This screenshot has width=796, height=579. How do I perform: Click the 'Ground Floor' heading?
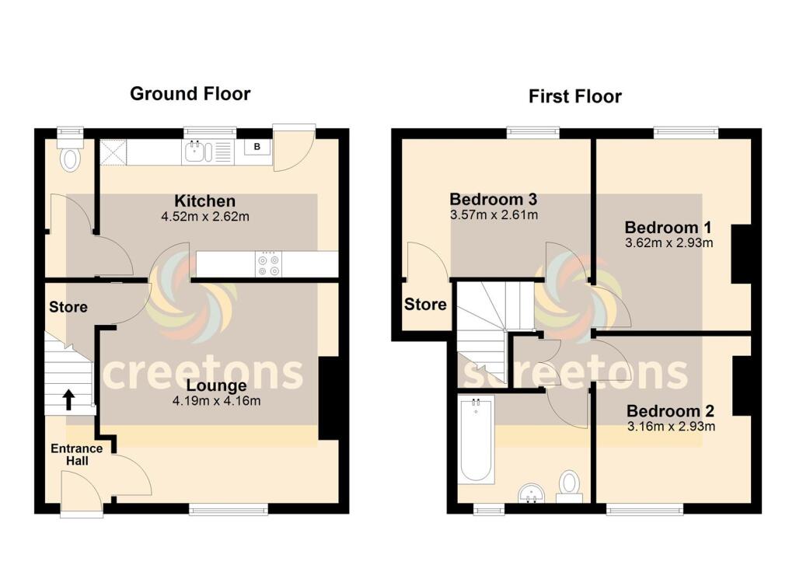click(190, 94)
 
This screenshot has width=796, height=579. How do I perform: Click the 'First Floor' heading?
click(574, 96)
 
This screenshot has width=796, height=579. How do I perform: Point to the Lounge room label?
click(216, 385)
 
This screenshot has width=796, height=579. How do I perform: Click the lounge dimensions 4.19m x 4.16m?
click(216, 401)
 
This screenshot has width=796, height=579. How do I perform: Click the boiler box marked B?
click(257, 147)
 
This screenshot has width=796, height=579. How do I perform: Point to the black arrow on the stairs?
click(68, 399)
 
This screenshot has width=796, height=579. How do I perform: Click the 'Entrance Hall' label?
click(76, 455)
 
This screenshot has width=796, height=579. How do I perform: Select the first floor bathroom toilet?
click(570, 485)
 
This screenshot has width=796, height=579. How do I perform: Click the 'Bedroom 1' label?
click(668, 228)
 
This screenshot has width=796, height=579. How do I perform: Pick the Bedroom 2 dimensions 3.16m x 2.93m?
click(670, 426)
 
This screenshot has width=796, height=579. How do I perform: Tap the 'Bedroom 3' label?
click(493, 200)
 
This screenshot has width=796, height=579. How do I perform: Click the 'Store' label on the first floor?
click(425, 304)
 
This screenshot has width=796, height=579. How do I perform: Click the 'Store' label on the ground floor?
click(68, 307)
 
